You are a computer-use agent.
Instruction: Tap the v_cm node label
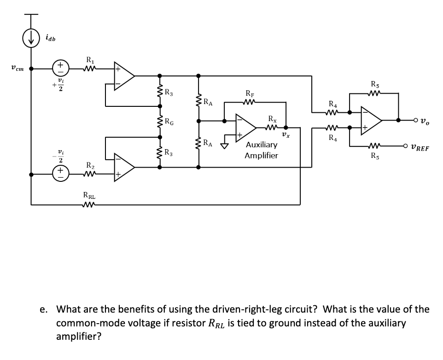click(17, 68)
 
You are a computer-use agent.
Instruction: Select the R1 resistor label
click(90, 60)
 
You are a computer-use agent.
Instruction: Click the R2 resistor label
click(90, 165)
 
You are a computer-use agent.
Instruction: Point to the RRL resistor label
click(89, 195)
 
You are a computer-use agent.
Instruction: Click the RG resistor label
click(169, 122)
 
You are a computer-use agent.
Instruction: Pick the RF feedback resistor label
click(250, 93)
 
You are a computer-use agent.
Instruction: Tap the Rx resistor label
click(273, 118)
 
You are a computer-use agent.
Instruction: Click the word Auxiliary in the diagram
click(262, 145)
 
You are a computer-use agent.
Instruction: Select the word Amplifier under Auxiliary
click(262, 156)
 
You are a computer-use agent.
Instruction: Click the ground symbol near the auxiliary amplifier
click(225, 145)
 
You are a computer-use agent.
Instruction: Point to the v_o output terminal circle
click(415, 120)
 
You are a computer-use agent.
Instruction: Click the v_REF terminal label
click(420, 148)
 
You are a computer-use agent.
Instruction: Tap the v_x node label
click(286, 135)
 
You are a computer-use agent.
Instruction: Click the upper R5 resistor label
click(375, 84)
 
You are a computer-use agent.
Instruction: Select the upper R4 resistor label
click(333, 104)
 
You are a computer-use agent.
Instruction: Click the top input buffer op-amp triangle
click(124, 76)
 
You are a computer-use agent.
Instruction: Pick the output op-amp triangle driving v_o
click(372, 121)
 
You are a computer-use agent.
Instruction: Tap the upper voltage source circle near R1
click(60, 68)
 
